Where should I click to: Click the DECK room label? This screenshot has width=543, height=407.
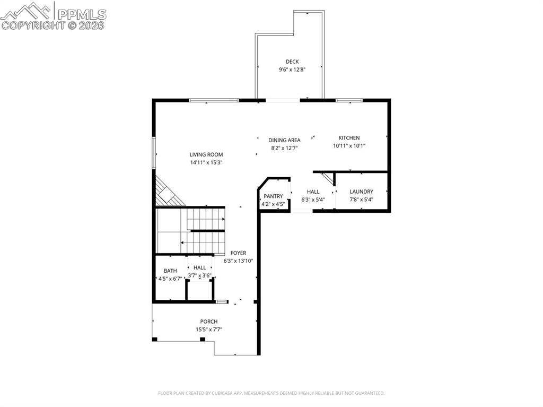coord(292,62)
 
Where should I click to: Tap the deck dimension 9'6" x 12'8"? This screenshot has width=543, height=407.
coord(292,70)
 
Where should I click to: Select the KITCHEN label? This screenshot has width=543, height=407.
coord(349,138)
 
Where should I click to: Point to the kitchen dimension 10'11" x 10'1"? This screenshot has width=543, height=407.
coord(349,146)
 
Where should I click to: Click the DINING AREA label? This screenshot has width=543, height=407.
coord(284,140)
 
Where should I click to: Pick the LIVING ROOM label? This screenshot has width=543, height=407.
coord(206,154)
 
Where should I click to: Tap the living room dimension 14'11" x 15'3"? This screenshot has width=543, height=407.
coord(206,162)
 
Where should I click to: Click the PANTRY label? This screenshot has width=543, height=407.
coord(274,196)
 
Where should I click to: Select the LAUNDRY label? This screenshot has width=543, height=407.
coord(362,192)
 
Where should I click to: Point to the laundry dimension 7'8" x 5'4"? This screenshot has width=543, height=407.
coord(362,200)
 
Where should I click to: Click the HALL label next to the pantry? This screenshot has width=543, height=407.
coord(313,192)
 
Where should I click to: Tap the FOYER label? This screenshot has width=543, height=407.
coord(238,253)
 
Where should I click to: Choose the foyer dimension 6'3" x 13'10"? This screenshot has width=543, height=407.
coord(238,261)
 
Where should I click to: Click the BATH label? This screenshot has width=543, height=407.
coord(170,271)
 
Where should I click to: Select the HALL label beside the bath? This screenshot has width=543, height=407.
coord(199,267)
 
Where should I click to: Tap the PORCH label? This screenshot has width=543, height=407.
coord(208,322)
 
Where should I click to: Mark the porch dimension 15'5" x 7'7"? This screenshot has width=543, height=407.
coord(208,330)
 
